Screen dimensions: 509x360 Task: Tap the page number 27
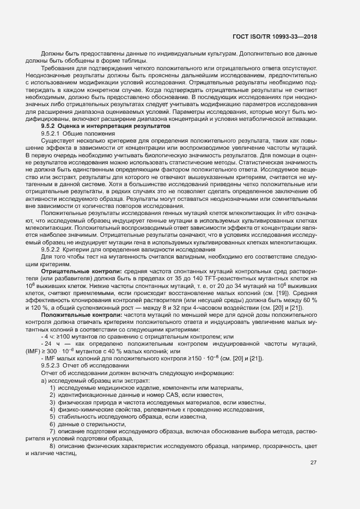(313, 463)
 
